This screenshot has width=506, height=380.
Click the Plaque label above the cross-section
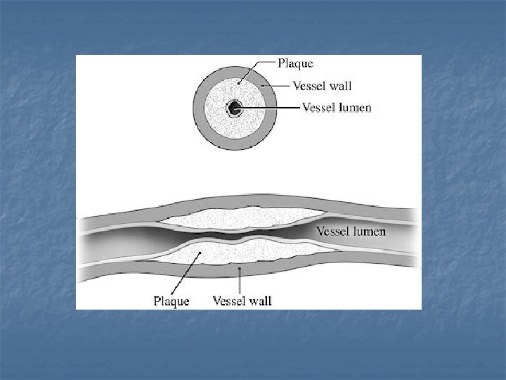tap(295, 63)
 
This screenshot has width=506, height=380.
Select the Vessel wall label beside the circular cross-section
tap(321, 86)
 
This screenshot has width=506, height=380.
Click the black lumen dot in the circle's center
tap(234, 108)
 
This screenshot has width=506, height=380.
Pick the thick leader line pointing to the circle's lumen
tap(271, 108)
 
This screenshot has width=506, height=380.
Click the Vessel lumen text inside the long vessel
tap(351, 231)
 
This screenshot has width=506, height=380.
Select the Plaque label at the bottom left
tap(171, 301)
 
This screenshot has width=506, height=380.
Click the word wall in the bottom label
tap(259, 301)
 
